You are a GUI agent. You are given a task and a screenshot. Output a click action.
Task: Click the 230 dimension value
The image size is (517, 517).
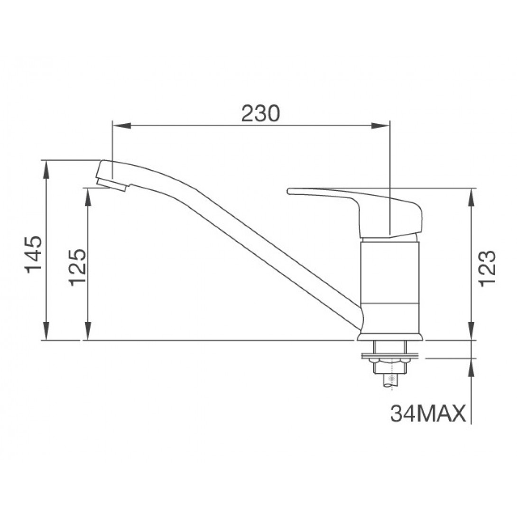point(260,113)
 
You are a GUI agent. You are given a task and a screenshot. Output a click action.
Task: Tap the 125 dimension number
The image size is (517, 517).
point(77,267)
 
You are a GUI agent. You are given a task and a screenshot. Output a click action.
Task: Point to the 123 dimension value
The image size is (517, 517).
point(487,268)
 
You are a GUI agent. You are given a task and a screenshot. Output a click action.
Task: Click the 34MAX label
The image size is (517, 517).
point(428,413)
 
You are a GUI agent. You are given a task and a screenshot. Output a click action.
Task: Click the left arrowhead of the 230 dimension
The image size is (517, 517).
point(122,126)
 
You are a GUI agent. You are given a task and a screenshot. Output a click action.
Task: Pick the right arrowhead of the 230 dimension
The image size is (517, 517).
point(381,126)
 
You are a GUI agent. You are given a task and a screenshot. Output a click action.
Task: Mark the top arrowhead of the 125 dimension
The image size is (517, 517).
point(88,197)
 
